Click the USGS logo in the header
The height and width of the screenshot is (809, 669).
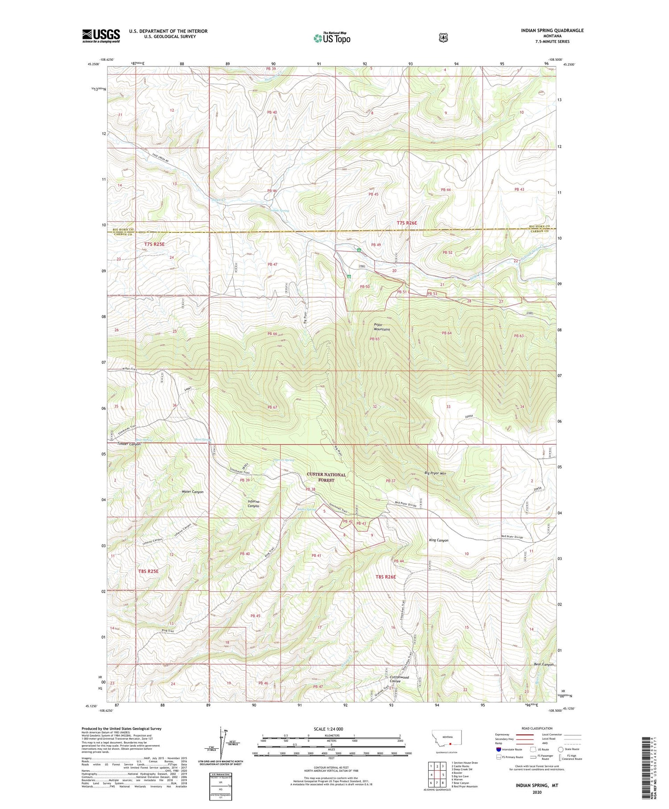click(x=101, y=36)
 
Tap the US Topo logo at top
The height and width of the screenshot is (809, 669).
click(x=332, y=38)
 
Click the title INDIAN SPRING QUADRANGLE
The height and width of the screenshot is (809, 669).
click(x=552, y=30)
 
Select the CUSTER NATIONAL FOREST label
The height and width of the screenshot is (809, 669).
click(x=326, y=477)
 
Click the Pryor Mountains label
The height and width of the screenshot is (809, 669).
click(x=382, y=327)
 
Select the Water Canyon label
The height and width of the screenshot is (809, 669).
click(x=192, y=492)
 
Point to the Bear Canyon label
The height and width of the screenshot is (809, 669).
click(x=544, y=664)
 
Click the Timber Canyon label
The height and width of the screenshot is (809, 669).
click(x=128, y=444)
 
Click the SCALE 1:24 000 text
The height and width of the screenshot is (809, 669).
click(x=331, y=729)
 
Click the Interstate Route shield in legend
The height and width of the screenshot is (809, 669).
click(x=499, y=749)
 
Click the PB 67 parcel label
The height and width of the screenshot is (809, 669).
click(x=272, y=407)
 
